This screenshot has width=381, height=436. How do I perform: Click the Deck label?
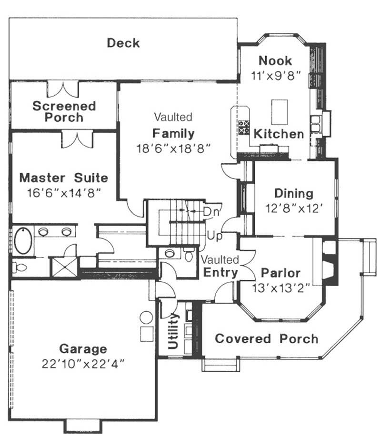[123, 43]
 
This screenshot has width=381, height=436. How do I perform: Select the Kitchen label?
[279, 134]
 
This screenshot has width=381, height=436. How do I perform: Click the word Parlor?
[281, 273]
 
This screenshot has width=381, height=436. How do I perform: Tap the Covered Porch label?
[266, 339]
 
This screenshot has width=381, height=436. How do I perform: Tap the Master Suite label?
[63, 178]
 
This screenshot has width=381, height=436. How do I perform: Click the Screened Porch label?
[64, 111]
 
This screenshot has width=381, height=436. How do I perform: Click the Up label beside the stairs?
[213, 235]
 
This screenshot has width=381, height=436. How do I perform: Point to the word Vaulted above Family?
[173, 117]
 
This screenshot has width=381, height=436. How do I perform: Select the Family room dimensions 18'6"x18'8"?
[173, 148]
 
